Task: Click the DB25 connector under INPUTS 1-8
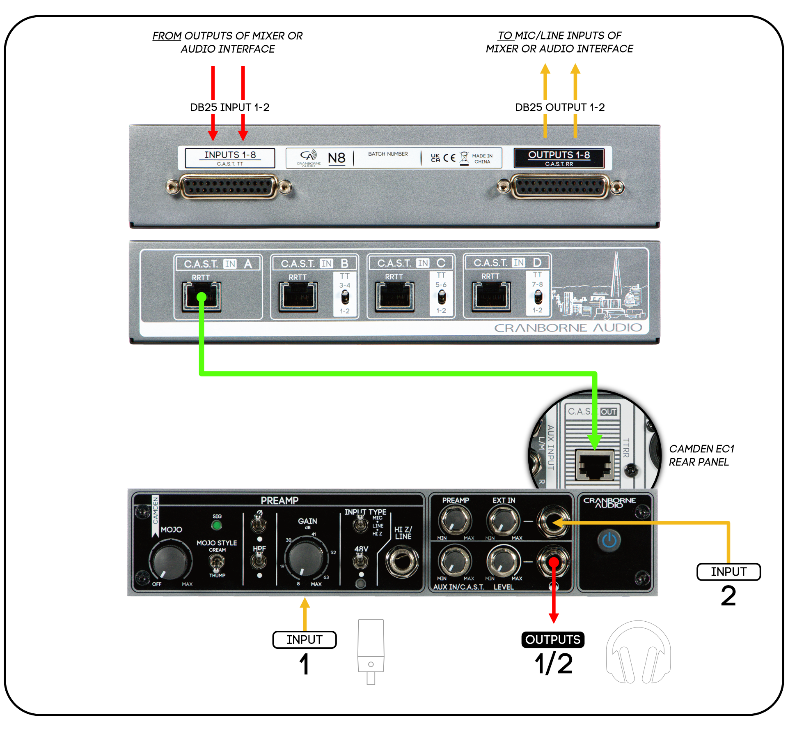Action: (x=229, y=187)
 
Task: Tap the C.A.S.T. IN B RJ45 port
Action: (x=298, y=296)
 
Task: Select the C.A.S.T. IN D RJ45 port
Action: (x=491, y=296)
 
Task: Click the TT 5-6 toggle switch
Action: (x=441, y=296)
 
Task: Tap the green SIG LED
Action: (x=217, y=525)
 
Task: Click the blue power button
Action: (x=609, y=540)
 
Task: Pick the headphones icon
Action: (x=638, y=653)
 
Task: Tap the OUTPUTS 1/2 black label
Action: (x=553, y=640)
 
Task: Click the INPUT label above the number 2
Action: (x=728, y=572)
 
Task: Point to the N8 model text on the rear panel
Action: (x=337, y=158)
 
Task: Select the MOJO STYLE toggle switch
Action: (x=217, y=562)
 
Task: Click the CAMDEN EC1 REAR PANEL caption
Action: (x=701, y=455)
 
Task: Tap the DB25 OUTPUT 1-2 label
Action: (x=560, y=107)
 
